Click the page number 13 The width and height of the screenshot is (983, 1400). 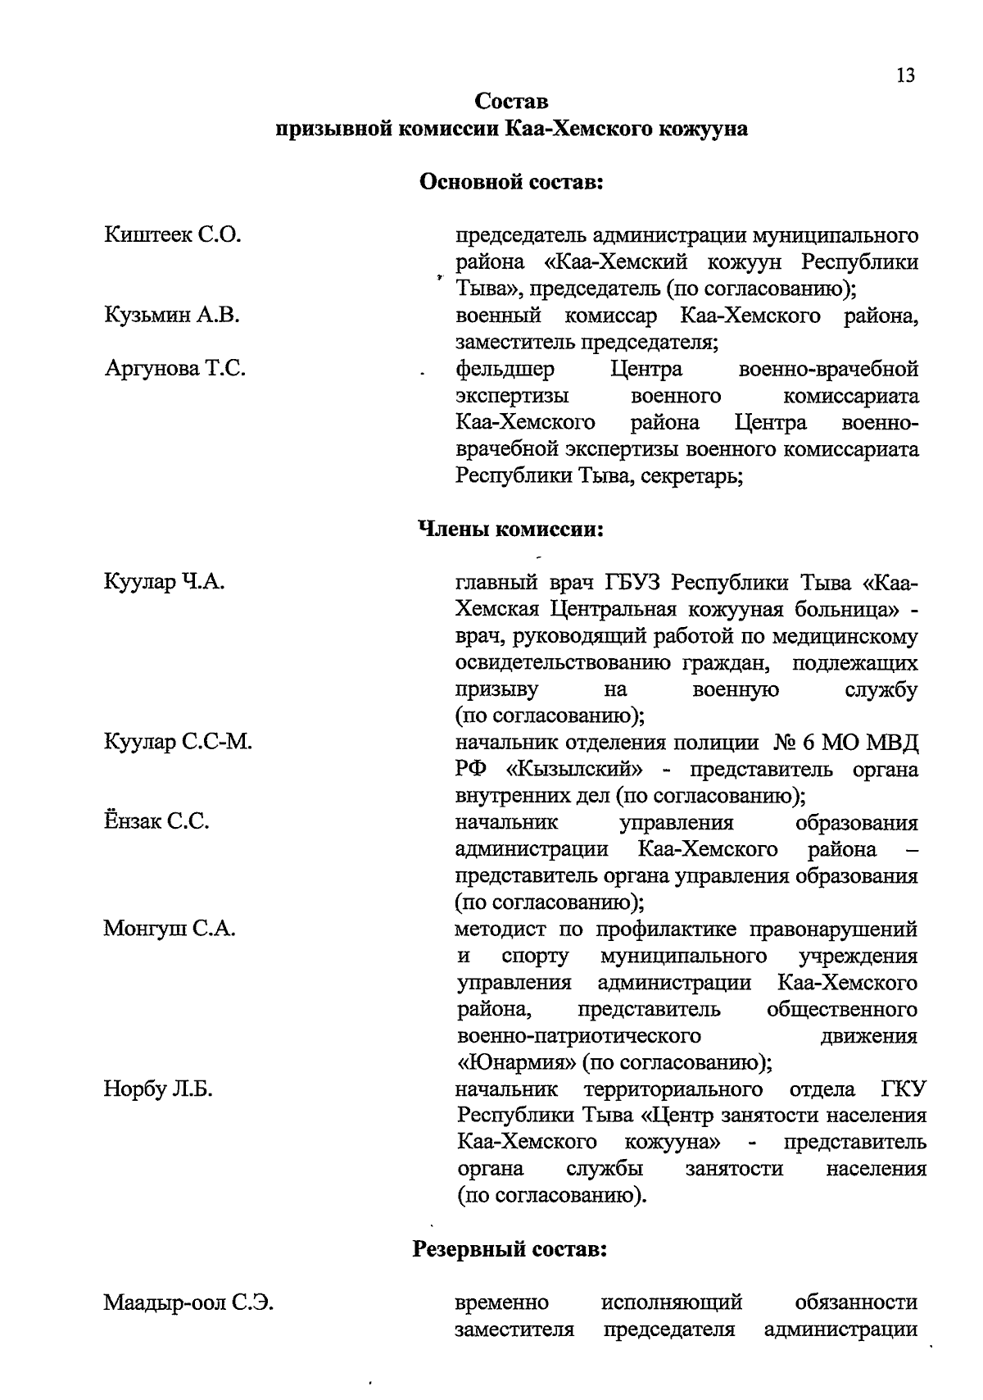coord(905,75)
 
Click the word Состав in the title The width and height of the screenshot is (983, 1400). coord(511,102)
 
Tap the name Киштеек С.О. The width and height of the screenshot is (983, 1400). coord(173,235)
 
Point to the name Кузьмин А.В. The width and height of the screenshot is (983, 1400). coord(172,315)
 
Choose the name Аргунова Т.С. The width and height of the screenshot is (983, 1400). coord(175,369)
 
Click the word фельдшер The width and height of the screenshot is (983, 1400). coord(505,370)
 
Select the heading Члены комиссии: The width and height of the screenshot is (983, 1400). coord(511,530)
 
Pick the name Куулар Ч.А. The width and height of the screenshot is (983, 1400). coord(164,582)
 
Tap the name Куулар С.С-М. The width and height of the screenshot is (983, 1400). coord(178,743)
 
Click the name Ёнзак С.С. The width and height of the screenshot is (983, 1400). coord(156,822)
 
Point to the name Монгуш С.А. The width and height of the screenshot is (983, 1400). coord(170,929)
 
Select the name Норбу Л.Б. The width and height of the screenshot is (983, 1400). coord(158,1089)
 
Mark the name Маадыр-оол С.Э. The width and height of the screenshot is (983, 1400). coord(188,1302)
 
